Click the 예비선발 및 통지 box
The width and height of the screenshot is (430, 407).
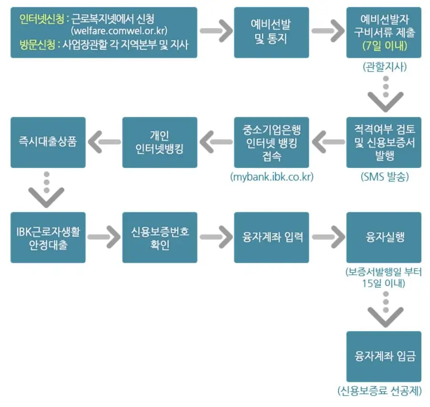point(271,32)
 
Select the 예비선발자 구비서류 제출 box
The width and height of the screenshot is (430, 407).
point(384,27)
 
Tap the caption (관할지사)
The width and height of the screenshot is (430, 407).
point(384,67)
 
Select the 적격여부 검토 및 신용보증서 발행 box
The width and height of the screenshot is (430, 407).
point(384,142)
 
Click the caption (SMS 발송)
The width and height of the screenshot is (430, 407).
point(384,177)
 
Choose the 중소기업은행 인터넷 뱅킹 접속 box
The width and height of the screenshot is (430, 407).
point(271,142)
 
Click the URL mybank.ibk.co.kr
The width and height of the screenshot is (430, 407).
point(271,177)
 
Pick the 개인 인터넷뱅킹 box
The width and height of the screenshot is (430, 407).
point(159,142)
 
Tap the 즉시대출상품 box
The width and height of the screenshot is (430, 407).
point(48,142)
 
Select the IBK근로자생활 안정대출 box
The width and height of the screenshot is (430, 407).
point(48,237)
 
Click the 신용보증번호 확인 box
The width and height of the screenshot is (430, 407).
point(159,237)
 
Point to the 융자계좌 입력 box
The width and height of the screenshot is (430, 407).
point(271,237)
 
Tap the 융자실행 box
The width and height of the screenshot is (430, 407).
point(384,237)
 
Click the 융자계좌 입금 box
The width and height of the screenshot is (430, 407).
point(384,356)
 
